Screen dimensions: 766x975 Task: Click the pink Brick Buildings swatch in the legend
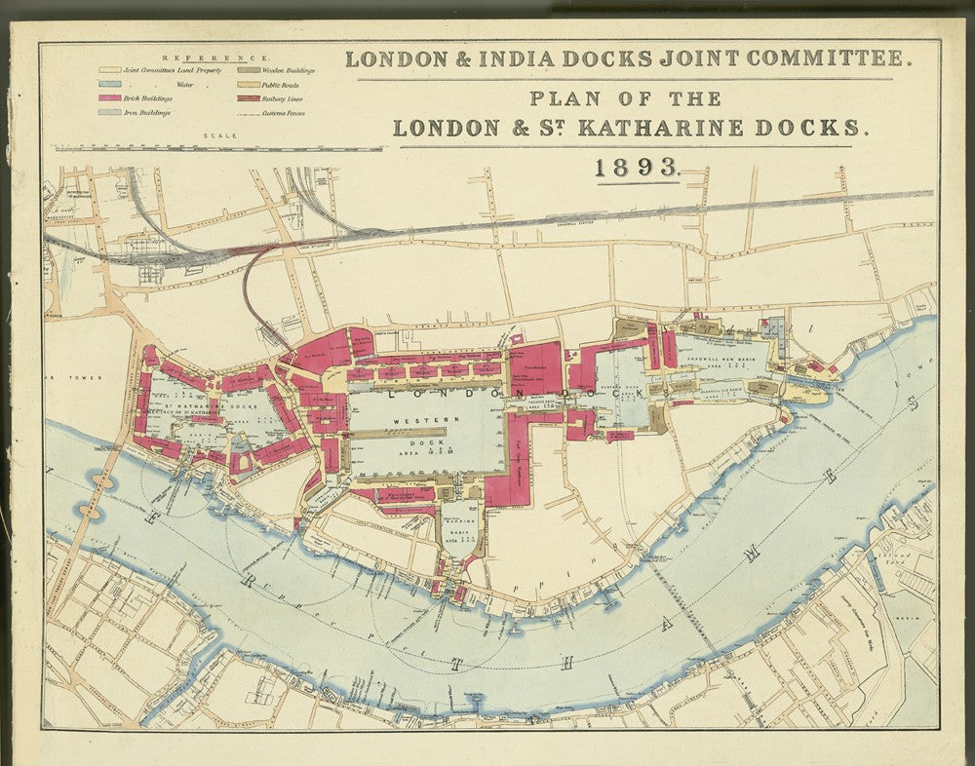point(110,98)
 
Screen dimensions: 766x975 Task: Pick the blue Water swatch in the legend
point(110,85)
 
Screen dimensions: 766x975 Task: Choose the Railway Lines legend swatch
point(247,98)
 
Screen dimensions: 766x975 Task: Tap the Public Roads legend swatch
point(247,85)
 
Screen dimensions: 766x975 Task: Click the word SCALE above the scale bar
point(216,135)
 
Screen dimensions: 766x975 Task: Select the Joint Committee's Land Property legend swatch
point(110,71)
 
